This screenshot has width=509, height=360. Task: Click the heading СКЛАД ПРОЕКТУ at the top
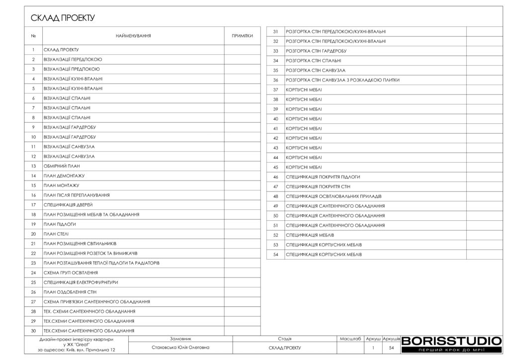[63, 18]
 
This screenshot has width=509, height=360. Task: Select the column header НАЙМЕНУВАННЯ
[133, 36]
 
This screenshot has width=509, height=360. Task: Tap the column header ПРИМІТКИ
[242, 36]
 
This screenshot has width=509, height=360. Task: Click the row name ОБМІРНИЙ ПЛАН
[62, 166]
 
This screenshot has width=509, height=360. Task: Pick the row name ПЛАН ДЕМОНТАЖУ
[64, 176]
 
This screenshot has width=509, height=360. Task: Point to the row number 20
[33, 234]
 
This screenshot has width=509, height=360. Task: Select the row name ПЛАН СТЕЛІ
[56, 234]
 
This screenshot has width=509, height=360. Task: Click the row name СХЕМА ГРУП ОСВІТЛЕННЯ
[71, 272]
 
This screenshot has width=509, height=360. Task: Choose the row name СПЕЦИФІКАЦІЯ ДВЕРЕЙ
[68, 205]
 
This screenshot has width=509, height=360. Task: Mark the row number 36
[275, 80]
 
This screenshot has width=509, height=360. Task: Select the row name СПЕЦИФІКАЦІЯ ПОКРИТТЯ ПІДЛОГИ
[323, 177]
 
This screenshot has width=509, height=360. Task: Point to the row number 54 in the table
[275, 255]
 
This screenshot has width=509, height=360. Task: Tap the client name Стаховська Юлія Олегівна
[180, 348]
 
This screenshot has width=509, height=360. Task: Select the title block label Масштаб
[350, 339]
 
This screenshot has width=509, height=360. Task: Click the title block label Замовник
[180, 339]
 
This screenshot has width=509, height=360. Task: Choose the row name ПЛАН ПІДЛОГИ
[60, 224]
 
